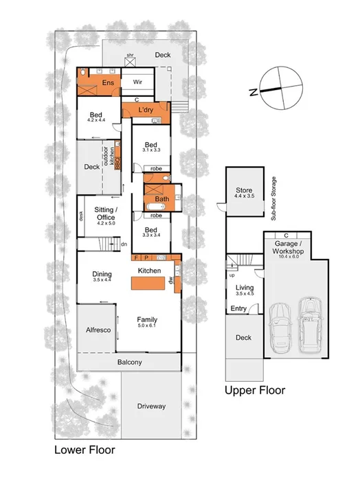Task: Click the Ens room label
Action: [x=108, y=83]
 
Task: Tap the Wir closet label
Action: [x=137, y=81]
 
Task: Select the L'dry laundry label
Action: [x=145, y=111]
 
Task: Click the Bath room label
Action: [x=162, y=199]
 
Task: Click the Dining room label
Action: [x=102, y=275]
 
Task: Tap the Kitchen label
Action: [x=149, y=271]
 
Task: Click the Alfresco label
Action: [x=98, y=330]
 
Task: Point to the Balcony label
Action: [x=129, y=362]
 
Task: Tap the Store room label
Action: [x=245, y=190]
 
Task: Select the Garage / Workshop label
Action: [x=284, y=247]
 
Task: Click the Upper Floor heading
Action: [x=255, y=390]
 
